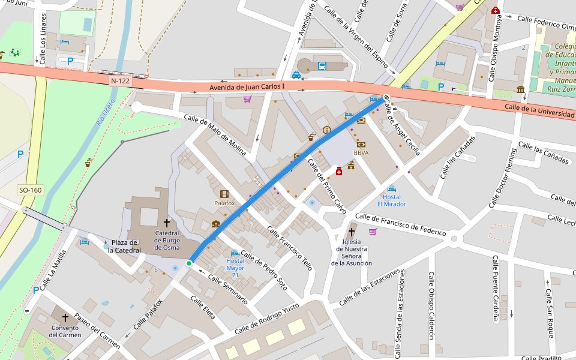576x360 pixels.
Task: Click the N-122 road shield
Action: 120,80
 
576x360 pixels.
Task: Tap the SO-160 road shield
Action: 30,190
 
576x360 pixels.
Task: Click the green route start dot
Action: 189,263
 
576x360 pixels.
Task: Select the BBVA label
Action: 361,153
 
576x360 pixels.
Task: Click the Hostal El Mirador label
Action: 392,200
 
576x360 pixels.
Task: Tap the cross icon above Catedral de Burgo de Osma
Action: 167,223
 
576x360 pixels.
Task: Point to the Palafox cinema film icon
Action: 224,194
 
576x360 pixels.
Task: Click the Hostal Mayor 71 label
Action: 235,264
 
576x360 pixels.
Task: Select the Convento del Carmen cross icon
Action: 65,317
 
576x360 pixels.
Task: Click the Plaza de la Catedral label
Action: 124,246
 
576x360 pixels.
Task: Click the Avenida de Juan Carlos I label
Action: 247,88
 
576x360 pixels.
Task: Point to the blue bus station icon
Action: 322,66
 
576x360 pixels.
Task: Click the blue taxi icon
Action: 296,75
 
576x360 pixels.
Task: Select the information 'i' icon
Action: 326,130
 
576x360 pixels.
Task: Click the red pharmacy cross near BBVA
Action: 339,172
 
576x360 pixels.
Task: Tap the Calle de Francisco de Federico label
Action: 401,224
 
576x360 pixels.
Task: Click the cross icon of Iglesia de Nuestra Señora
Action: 352,231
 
